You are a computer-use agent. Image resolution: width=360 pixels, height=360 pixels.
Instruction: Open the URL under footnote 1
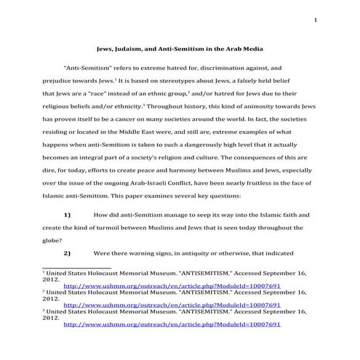tap(172, 305)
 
